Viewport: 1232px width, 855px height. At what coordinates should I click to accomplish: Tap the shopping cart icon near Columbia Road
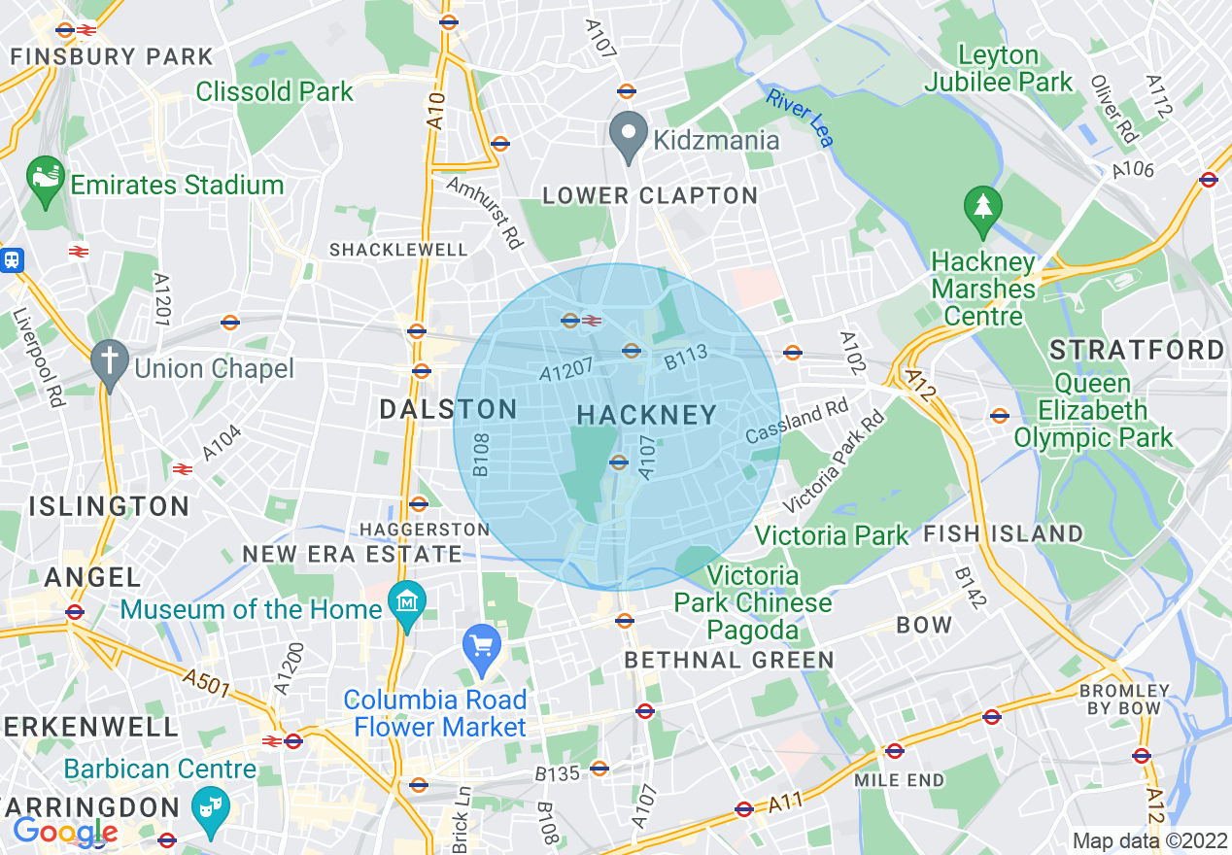(x=482, y=646)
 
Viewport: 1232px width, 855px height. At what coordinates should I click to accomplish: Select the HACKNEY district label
(x=647, y=415)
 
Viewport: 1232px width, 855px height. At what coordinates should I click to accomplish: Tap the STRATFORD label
(x=1138, y=350)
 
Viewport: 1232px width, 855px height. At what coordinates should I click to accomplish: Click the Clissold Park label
(x=275, y=92)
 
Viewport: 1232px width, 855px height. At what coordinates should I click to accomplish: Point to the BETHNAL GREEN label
(x=729, y=661)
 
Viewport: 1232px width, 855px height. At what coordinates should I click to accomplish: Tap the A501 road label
(x=205, y=683)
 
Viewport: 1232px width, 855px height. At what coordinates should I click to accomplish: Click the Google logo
(x=64, y=832)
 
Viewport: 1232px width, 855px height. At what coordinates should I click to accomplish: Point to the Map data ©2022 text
(x=1148, y=841)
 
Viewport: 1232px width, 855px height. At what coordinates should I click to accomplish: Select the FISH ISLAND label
(x=1003, y=533)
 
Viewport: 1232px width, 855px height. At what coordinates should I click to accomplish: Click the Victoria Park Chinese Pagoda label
(x=753, y=602)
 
